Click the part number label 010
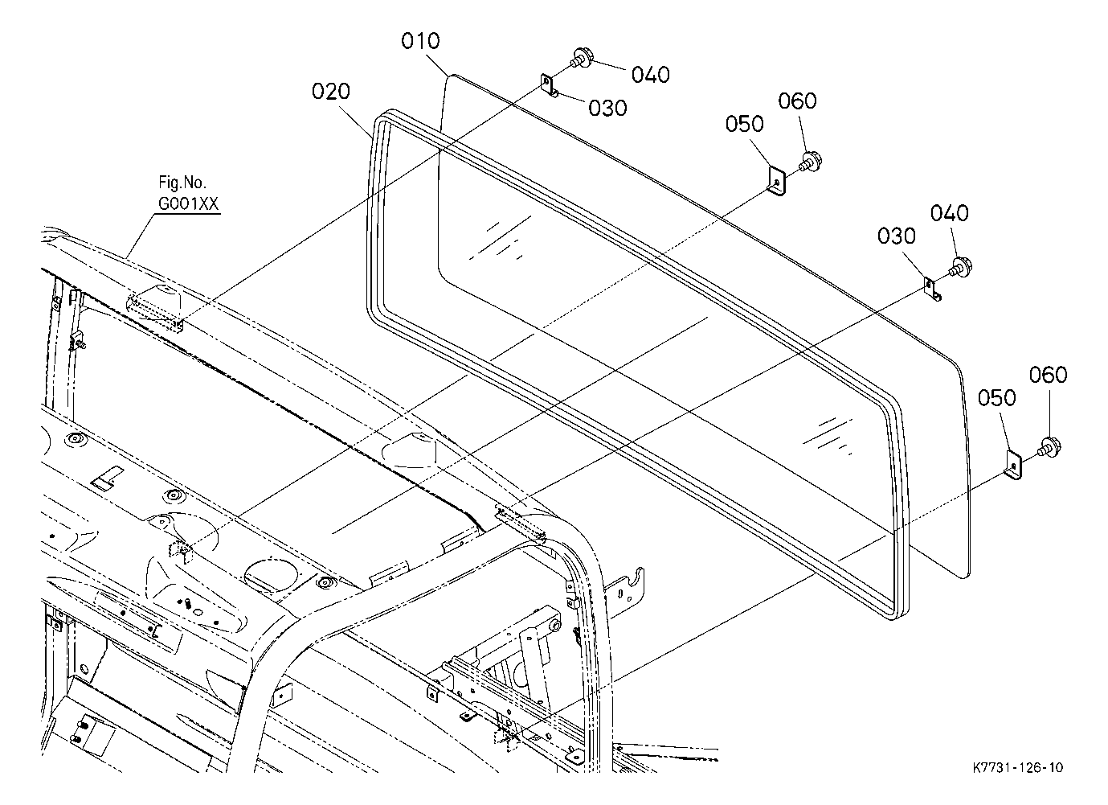tap(420, 41)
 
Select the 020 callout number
tap(331, 92)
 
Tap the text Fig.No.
tap(182, 183)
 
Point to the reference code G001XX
tap(188, 203)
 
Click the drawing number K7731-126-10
tap(1018, 767)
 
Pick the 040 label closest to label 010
tap(651, 75)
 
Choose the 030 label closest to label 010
tap(607, 108)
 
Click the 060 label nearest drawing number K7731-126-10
tap(1049, 375)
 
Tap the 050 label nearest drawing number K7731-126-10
tap(996, 398)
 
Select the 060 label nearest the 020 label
tap(797, 101)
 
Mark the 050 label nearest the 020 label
tap(745, 124)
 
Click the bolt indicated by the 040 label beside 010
tap(580, 58)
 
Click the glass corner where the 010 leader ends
tap(450, 76)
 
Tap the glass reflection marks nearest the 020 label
tap(500, 237)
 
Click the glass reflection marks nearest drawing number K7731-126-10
tap(828, 436)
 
